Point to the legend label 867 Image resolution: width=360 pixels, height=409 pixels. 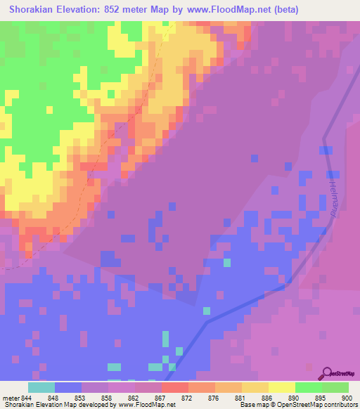tap(161, 397)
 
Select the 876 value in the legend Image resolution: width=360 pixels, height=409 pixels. tap(214, 397)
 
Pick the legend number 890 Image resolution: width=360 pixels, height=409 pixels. tap(295, 397)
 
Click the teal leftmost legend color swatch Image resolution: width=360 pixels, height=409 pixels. tap(41, 387)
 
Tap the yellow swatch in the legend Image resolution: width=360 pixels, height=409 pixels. tap(281, 387)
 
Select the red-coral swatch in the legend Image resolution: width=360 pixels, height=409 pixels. tap(174, 387)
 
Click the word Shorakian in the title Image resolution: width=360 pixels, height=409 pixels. tap(36, 10)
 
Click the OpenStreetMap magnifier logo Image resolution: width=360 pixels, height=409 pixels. tap(326, 374)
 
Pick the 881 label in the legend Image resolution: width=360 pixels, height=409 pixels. tap(241, 397)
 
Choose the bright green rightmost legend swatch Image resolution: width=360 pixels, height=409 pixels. tap(335, 387)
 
